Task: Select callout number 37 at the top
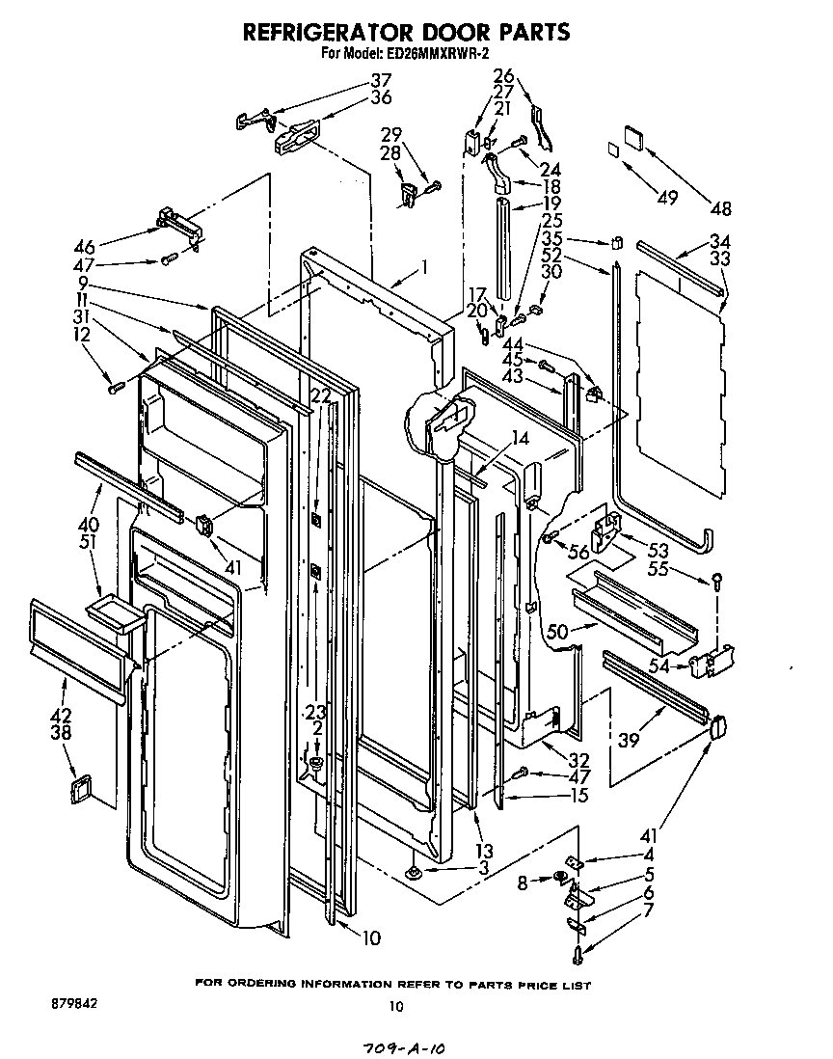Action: click(382, 80)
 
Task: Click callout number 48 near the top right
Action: click(719, 207)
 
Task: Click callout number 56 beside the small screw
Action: click(578, 553)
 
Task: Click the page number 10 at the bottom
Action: click(394, 1007)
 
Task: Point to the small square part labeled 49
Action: click(612, 149)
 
